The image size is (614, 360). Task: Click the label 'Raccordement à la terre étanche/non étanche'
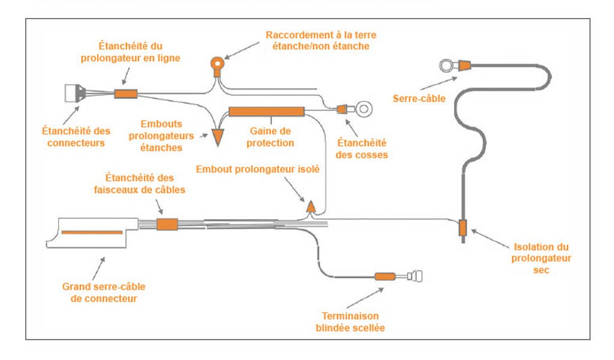[321, 41]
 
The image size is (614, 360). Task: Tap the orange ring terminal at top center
[217, 62]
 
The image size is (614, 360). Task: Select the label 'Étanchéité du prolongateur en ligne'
[131, 52]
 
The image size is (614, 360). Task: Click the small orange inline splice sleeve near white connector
[126, 94]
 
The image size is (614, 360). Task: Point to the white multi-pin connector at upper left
[75, 94]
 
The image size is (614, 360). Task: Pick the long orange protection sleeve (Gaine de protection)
[266, 111]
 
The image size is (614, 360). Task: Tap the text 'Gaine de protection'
[270, 137]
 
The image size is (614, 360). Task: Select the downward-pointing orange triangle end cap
[217, 137]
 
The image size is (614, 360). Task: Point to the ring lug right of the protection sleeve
[362, 109]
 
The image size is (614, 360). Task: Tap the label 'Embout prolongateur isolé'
[258, 169]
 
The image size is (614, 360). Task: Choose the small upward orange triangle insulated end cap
[311, 206]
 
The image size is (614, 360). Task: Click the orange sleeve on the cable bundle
[167, 224]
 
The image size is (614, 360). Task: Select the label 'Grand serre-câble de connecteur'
[104, 292]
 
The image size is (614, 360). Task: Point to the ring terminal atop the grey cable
[446, 65]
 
